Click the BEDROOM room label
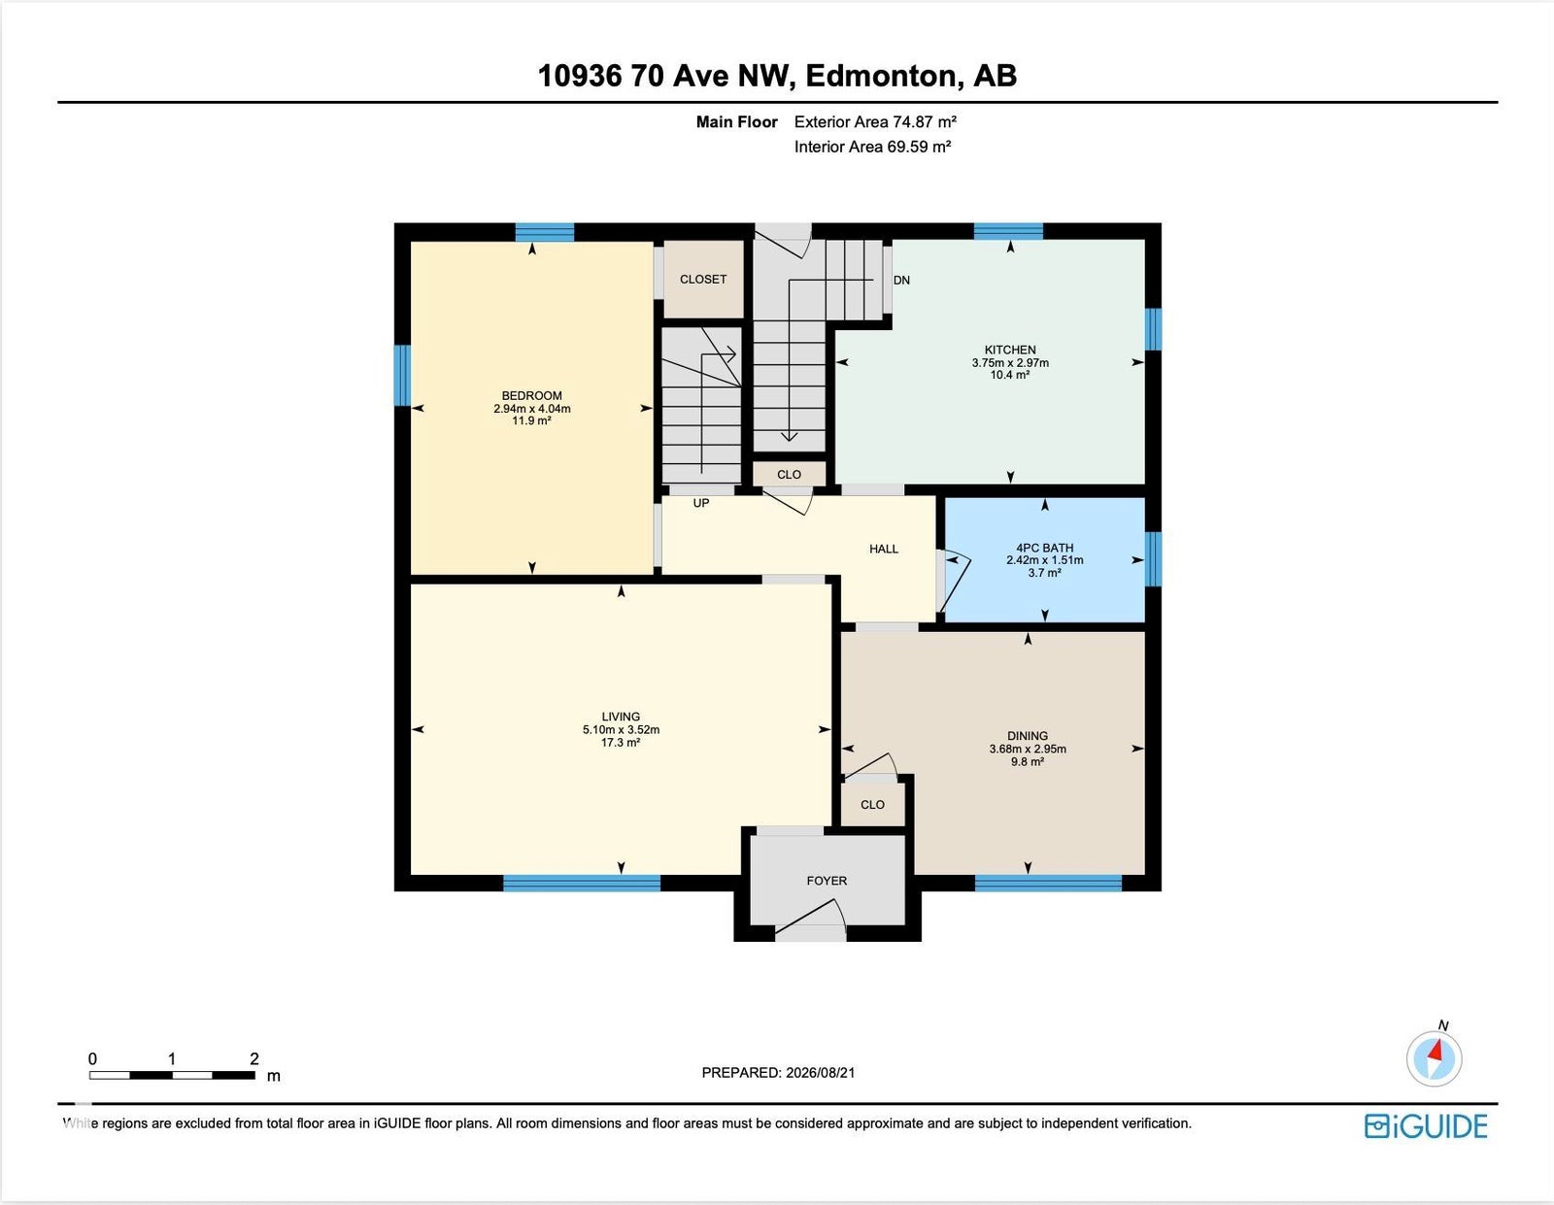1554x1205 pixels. tap(531, 395)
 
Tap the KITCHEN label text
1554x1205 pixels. tap(1010, 350)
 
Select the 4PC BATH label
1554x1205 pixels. tap(1044, 548)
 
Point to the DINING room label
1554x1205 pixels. tap(1028, 735)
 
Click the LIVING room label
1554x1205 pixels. tap(621, 717)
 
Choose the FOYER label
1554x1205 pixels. tap(827, 881)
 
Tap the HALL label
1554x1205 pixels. tap(883, 549)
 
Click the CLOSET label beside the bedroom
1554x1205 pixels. tap(703, 279)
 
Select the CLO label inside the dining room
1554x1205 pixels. tap(872, 804)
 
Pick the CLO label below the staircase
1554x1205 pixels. tap(789, 474)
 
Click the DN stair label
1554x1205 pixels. tap(901, 281)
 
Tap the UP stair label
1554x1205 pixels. tap(701, 503)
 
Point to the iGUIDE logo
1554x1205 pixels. tap(1426, 1126)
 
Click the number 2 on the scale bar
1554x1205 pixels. tap(253, 1058)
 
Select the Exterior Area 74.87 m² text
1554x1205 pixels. tap(875, 122)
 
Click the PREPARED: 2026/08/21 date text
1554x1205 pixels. tap(778, 1072)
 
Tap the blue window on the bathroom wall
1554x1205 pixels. tap(1153, 559)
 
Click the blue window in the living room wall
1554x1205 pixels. tap(582, 883)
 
